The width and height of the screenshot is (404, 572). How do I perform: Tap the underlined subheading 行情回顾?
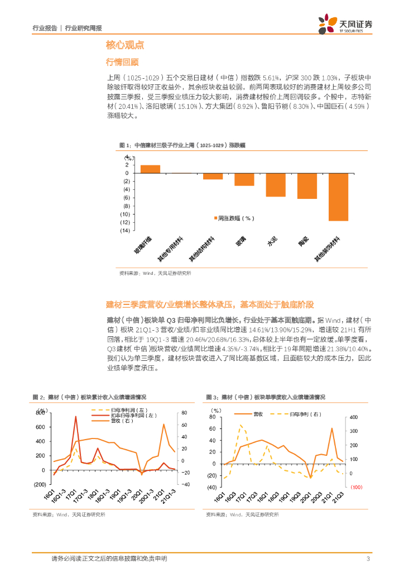(x=122, y=62)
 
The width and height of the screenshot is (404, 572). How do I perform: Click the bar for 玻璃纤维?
(x=150, y=169)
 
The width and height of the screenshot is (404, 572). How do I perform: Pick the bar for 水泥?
(x=275, y=185)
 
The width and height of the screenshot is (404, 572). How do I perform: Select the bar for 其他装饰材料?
(x=338, y=197)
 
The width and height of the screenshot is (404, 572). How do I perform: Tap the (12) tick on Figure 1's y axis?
(x=125, y=222)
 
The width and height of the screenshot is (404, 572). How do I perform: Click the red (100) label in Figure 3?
(x=357, y=487)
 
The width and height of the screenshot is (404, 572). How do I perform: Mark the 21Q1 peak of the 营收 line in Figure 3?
(x=332, y=429)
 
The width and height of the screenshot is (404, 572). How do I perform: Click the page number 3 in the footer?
(x=368, y=559)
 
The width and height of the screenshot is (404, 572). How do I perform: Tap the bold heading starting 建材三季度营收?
(x=210, y=305)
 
